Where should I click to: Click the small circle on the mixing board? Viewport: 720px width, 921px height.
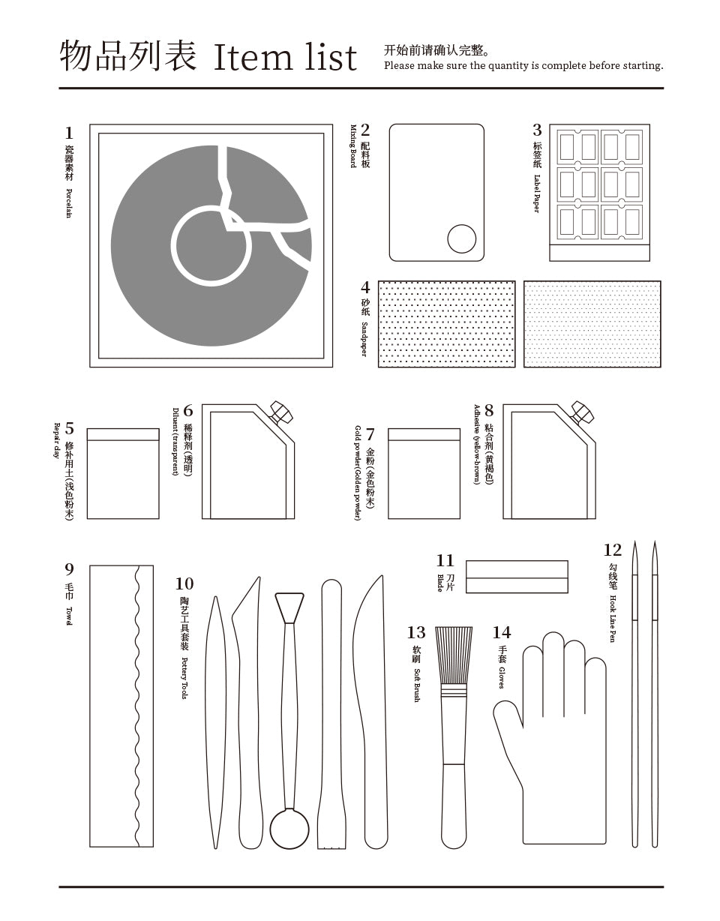pos(461,239)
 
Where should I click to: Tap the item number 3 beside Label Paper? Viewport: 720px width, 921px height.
pos(537,130)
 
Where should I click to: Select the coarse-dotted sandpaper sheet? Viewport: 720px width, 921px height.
pos(446,324)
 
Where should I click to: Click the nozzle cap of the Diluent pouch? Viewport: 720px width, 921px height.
pos(281,412)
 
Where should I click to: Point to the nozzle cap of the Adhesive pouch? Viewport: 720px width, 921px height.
pos(582,412)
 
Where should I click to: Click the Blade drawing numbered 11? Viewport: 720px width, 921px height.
pos(517,577)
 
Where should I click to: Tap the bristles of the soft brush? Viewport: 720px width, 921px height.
pos(454,654)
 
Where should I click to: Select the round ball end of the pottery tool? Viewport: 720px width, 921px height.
pos(289,828)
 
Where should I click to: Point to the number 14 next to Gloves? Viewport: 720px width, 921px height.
pos(502,633)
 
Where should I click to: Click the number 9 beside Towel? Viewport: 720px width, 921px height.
pos(69,569)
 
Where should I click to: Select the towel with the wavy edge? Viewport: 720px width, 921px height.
pos(121,706)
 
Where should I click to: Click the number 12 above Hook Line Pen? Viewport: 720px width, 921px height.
pos(612,550)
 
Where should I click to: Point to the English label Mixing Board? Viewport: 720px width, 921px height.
pos(352,146)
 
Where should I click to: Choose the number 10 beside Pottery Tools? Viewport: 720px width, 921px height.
pos(184,583)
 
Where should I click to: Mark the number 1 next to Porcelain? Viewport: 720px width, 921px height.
pos(69,133)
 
